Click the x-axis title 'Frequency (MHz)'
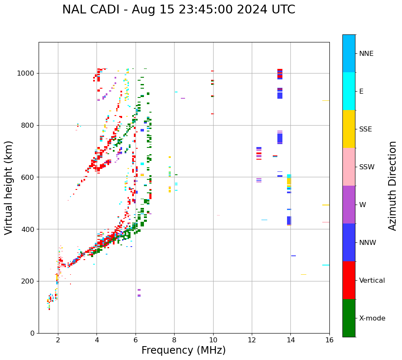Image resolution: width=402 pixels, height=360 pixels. (183, 350)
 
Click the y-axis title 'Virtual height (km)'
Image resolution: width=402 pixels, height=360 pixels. (9, 188)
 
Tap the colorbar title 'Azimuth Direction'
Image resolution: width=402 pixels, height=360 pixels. (392, 186)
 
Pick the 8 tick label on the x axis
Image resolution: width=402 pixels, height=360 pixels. (174, 340)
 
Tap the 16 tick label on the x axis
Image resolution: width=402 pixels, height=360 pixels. (329, 340)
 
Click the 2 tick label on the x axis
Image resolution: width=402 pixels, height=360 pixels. (58, 340)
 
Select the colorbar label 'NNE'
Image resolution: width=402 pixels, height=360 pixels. (366, 54)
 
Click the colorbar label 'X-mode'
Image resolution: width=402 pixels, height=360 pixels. (372, 318)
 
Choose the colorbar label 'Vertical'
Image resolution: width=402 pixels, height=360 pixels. (372, 281)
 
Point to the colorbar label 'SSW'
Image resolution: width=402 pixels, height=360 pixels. (367, 167)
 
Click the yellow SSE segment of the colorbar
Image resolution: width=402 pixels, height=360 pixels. (349, 129)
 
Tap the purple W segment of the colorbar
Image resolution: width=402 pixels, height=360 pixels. (349, 205)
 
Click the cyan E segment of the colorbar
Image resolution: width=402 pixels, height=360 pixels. (349, 91)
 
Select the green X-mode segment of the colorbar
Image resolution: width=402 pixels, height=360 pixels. (349, 318)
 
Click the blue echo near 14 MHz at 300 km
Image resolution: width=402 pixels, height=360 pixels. (293, 256)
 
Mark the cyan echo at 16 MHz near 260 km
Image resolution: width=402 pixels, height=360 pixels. (326, 265)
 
